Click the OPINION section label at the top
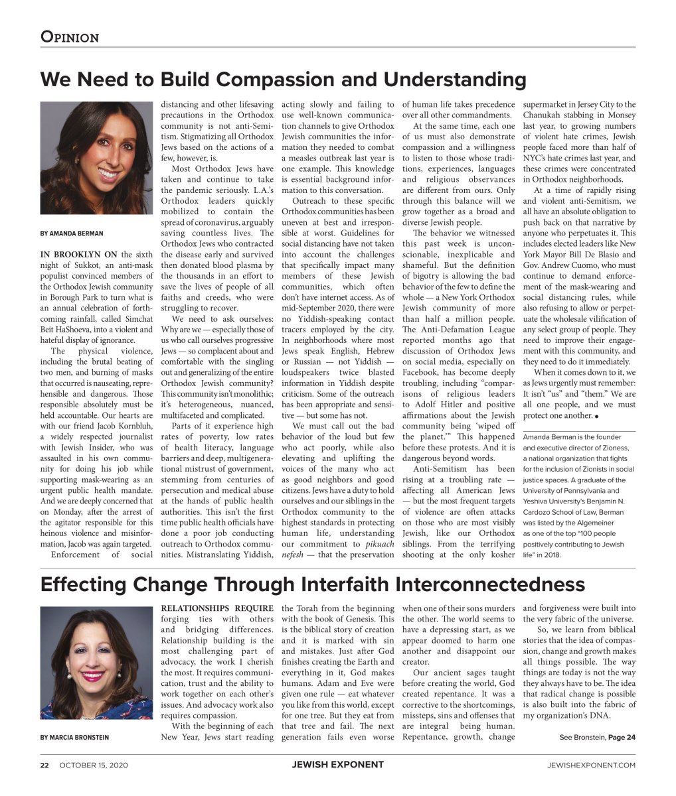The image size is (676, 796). pos(70,37)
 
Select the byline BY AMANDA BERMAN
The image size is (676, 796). pos(72,233)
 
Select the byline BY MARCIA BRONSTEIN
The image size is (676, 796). pos(74,737)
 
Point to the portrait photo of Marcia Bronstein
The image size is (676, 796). pos(97,663)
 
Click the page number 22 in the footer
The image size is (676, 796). pos(44,765)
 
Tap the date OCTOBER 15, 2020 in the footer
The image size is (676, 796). pos(94,765)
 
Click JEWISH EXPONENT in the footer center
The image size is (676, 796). pos(337,765)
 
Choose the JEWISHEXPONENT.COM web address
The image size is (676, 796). pos(591,765)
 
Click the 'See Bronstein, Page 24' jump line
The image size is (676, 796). pos(597,737)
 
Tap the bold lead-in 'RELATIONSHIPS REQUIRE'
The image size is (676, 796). pos(217,608)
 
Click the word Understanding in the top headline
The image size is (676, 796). pos(455,80)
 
